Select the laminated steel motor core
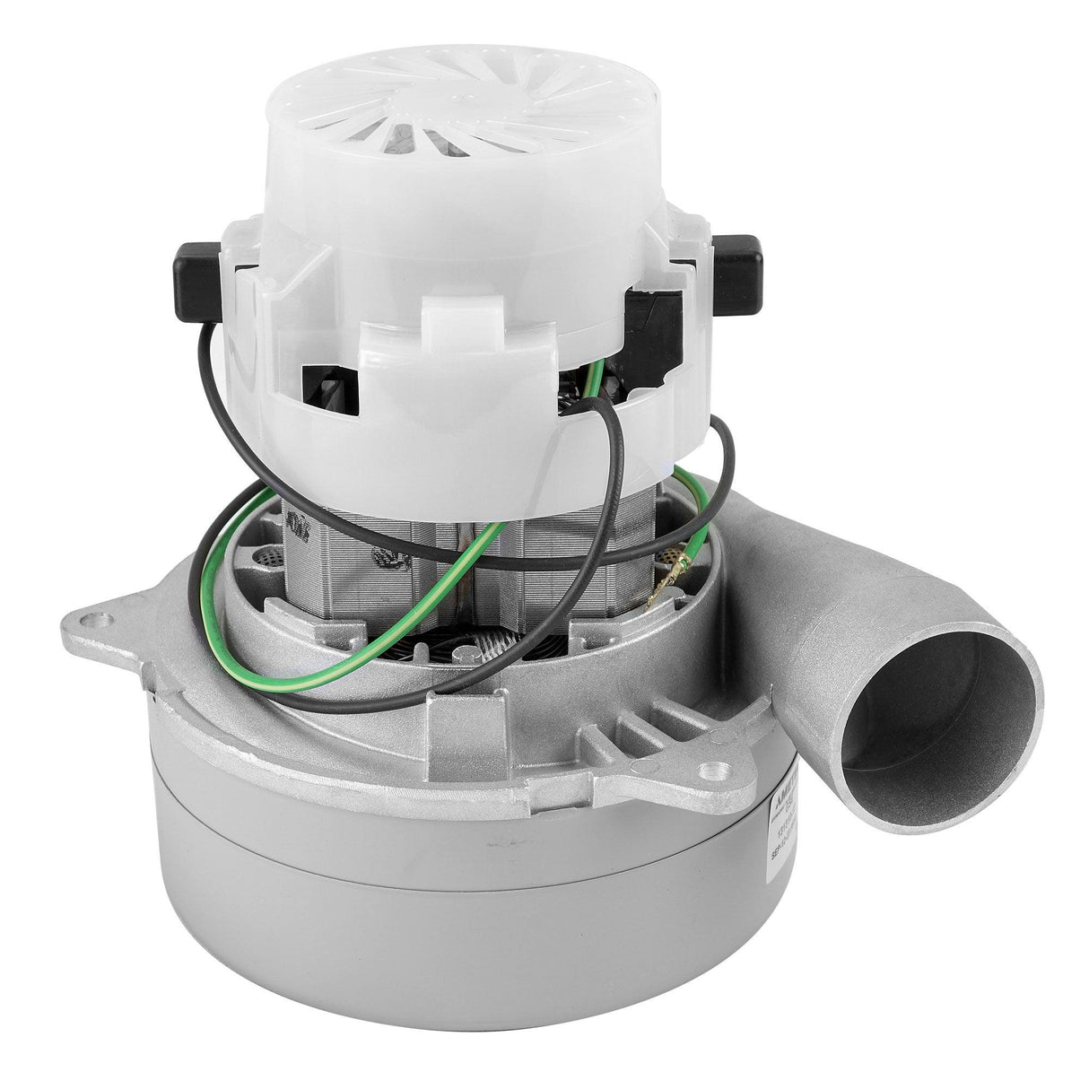click(449, 556)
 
